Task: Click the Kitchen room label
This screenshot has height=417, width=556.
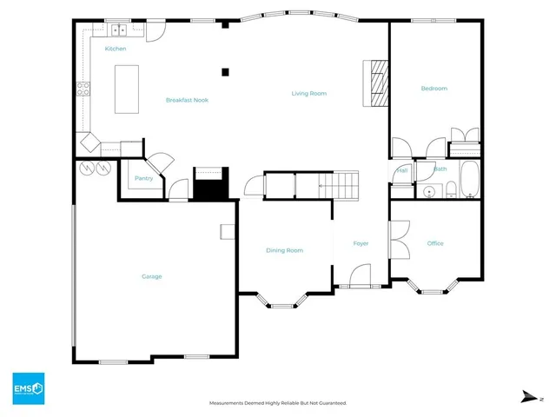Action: pos(116,49)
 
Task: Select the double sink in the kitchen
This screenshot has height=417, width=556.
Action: pos(118,30)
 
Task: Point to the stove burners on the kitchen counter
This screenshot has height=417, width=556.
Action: pos(85,87)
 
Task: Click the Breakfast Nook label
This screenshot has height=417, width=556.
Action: pos(187,100)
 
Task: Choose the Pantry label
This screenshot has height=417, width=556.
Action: pos(143,178)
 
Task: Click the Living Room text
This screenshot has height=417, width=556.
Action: pos(308,93)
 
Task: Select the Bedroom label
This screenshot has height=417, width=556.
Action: pos(434,89)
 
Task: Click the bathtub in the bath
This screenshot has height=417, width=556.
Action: pos(468,180)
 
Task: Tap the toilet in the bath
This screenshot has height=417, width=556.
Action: pos(451,191)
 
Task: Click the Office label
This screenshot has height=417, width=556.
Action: pos(435,243)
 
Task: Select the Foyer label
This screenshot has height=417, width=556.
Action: pos(361,243)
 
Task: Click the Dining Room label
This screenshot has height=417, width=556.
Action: pos(284,250)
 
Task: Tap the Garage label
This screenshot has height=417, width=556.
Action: pos(152,276)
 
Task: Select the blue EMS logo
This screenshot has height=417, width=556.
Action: pos(28,388)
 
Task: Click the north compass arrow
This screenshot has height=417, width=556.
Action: pos(529,397)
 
